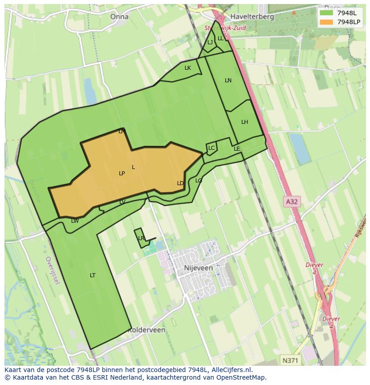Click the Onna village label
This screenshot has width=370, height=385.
pyautogui.click(x=119, y=17)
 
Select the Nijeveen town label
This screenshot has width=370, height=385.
pyautogui.click(x=198, y=268)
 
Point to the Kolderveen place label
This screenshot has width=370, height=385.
pyautogui.click(x=147, y=330)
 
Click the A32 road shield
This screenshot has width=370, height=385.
pyautogui.click(x=291, y=202)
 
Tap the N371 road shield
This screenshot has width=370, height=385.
pyautogui.click(x=291, y=360)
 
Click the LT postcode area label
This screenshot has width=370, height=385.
pyautogui.click(x=92, y=275)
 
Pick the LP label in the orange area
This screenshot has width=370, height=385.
pyautogui.click(x=122, y=173)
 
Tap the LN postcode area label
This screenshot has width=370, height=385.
pyautogui.click(x=228, y=80)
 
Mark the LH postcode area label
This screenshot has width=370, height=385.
pyautogui.click(x=244, y=122)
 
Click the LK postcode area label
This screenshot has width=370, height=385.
pyautogui.click(x=188, y=68)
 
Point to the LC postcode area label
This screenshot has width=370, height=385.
pyautogui.click(x=211, y=148)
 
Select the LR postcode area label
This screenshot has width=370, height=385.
pyautogui.click(x=141, y=238)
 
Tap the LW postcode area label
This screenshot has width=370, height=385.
pyautogui.click(x=75, y=221)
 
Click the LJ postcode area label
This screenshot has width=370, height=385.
pyautogui.click(x=210, y=43)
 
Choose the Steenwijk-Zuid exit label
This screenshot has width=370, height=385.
pyautogui.click(x=225, y=28)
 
